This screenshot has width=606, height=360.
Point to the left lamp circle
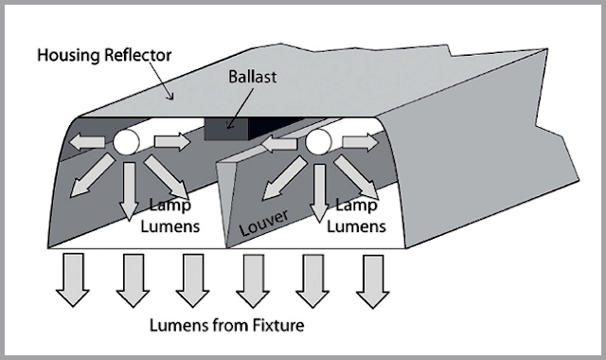(x=125, y=143)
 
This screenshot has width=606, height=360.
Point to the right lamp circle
(x=317, y=143)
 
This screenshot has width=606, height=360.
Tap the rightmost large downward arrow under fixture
(x=371, y=279)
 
